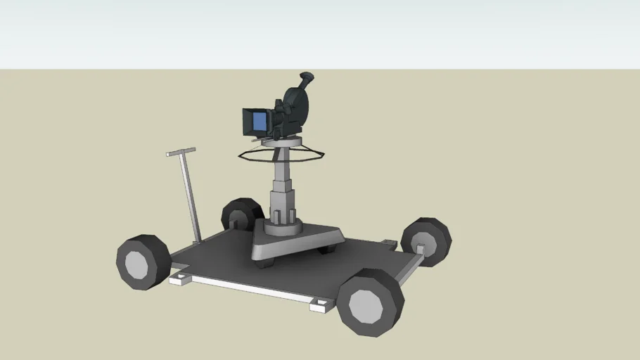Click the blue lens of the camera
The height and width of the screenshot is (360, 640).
click(260, 122)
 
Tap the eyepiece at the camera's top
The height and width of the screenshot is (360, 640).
click(307, 78)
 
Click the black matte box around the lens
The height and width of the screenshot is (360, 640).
click(248, 122)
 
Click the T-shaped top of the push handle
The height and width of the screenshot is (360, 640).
click(181, 151)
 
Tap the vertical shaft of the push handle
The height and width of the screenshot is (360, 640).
click(188, 197)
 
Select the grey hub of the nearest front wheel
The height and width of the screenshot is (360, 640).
click(365, 305)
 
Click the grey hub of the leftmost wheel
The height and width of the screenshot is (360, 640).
click(137, 264)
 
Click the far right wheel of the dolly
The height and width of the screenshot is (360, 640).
click(427, 240)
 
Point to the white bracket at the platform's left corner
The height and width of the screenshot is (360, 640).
click(181, 279)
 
